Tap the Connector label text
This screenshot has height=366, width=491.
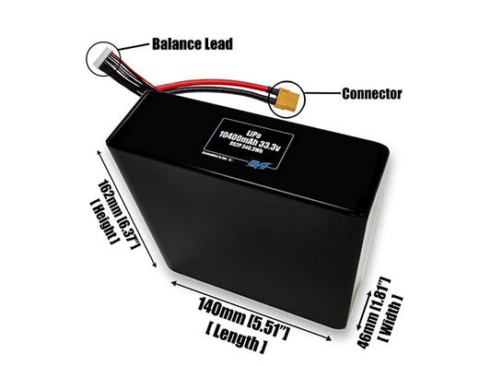tap(372, 93)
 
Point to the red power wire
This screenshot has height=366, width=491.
tap(203, 87)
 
